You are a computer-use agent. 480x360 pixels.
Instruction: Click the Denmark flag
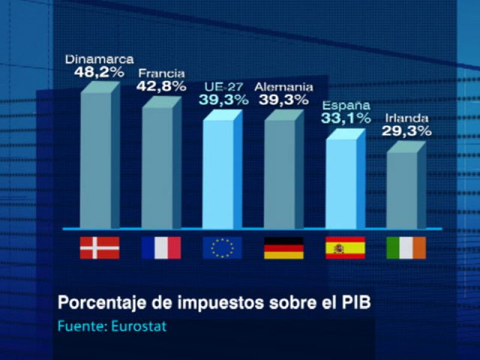(100, 248)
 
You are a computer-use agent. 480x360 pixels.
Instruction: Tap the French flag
(161, 248)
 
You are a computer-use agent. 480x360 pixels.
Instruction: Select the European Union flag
(223, 248)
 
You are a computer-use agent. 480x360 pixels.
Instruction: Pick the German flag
(284, 248)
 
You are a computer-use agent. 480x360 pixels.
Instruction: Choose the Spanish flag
(345, 248)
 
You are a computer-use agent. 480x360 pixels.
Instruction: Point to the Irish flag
(406, 248)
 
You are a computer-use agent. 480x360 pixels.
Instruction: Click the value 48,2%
(99, 73)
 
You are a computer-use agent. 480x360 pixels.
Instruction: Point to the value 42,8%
(161, 86)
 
